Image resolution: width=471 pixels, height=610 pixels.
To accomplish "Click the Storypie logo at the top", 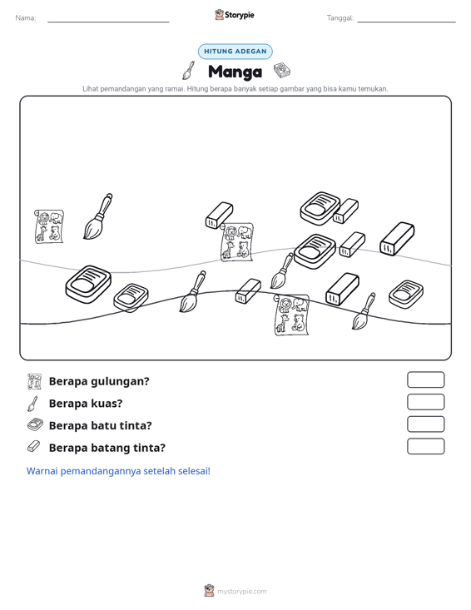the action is (x=235, y=15).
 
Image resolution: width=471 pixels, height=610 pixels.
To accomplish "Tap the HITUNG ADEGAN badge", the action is (x=235, y=52).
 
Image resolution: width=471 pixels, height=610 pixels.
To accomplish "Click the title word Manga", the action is (x=235, y=72).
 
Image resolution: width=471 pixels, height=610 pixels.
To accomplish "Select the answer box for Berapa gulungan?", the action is (x=426, y=379).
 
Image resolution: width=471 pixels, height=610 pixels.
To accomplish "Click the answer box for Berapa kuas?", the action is (x=426, y=402).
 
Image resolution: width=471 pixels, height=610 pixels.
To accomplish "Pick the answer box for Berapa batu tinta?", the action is (x=426, y=424).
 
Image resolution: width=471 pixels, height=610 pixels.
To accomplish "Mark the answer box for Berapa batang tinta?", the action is (x=426, y=446).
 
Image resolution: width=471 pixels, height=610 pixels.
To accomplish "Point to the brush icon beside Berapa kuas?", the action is (x=33, y=404).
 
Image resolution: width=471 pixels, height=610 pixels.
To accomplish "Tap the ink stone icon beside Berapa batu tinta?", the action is (x=35, y=424).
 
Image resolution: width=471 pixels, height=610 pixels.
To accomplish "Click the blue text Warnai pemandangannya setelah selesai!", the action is (x=118, y=471).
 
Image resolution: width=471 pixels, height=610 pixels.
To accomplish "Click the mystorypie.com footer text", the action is (x=242, y=592).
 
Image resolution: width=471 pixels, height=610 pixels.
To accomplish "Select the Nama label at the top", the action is (x=26, y=18).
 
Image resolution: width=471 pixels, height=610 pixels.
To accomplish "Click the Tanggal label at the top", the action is (x=340, y=18).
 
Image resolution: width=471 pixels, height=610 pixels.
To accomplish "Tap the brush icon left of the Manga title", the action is (x=189, y=70).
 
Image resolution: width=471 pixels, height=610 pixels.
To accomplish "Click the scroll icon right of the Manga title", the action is (x=282, y=71).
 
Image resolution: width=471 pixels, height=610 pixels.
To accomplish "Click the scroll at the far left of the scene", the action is (x=49, y=226).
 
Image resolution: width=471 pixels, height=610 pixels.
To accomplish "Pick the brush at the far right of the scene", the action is (x=364, y=311).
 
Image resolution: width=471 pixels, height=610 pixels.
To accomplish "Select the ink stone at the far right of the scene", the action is (x=406, y=294).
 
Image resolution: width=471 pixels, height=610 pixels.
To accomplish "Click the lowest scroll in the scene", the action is (x=291, y=315).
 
